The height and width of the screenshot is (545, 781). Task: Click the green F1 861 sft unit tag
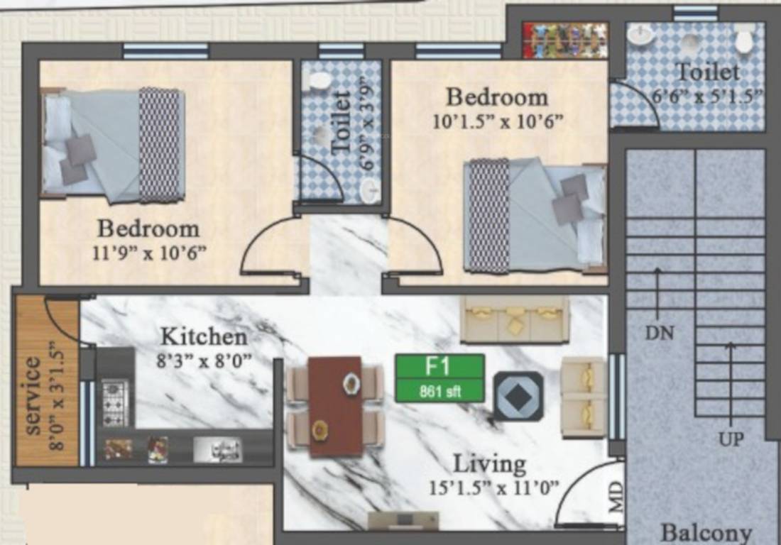439,378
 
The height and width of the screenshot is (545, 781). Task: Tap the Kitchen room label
203,336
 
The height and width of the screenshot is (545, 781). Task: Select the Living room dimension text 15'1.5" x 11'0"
494,488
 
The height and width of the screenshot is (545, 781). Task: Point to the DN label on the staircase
659,332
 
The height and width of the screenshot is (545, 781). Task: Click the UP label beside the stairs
731,439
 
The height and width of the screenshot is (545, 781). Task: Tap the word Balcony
706,533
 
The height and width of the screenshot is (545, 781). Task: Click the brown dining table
335,406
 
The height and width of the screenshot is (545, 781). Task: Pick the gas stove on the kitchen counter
114,402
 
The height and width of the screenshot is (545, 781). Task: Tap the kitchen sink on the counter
217,449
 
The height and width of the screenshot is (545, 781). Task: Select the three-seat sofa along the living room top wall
514,319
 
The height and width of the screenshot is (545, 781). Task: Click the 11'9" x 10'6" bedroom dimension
149,253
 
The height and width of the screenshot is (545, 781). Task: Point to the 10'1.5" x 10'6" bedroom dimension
497,121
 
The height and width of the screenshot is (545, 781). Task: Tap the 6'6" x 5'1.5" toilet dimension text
707,95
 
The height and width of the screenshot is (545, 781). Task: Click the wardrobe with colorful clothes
565,40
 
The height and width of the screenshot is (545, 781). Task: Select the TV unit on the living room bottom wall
403,521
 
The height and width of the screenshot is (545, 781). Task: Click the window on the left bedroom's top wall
165,51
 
